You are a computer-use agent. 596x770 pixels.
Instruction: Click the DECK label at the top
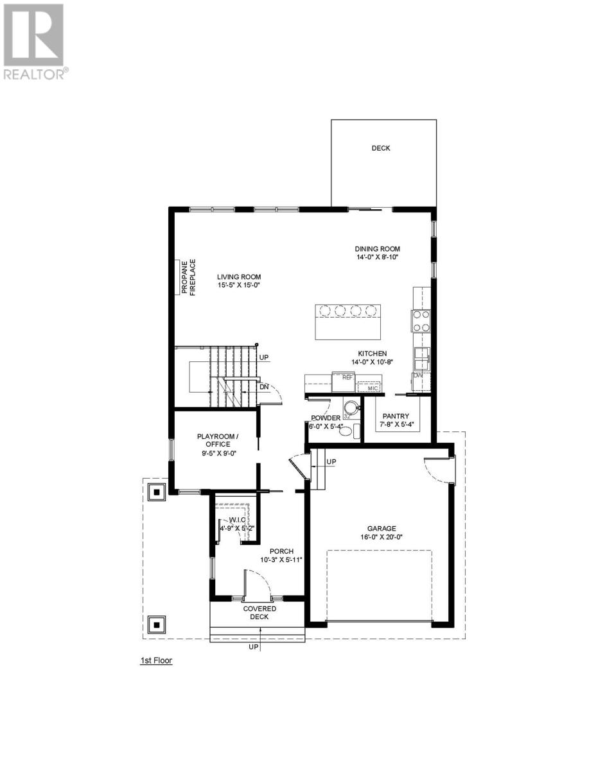[381, 148]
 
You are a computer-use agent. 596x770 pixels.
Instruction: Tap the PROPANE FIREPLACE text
[188, 277]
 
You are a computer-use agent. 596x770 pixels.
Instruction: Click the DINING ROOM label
[378, 249]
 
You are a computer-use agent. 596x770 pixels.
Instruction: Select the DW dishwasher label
[417, 375]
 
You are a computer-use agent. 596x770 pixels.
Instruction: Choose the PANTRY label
[397, 416]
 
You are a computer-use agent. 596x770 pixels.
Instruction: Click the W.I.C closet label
[234, 520]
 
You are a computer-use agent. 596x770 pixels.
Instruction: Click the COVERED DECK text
[259, 612]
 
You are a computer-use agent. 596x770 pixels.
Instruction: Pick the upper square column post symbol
[157, 493]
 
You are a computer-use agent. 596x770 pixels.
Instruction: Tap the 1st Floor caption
[157, 660]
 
